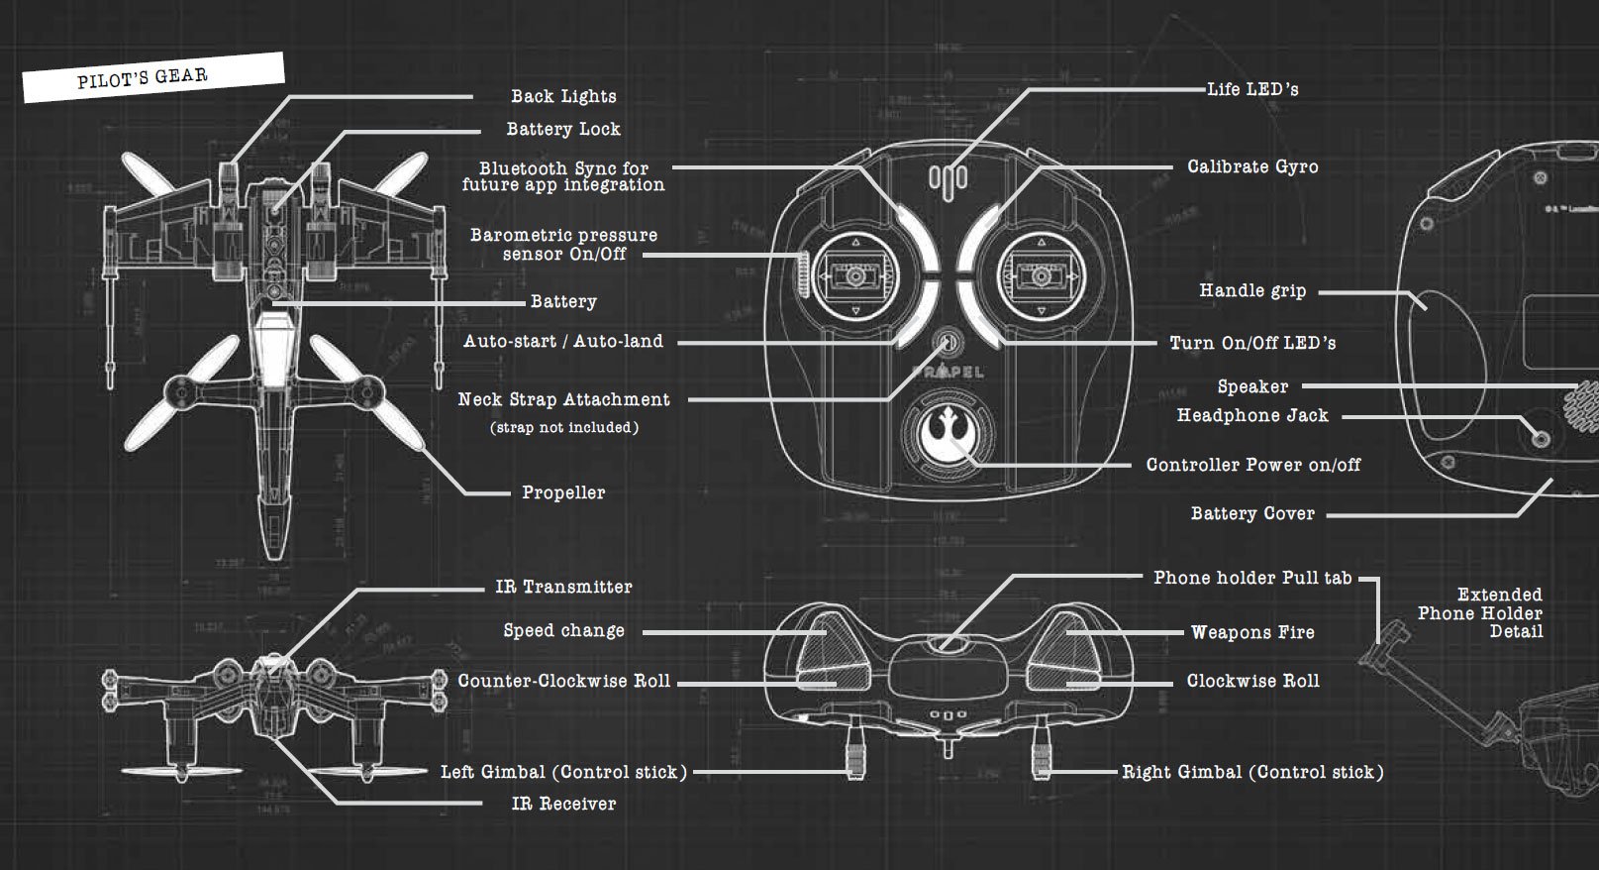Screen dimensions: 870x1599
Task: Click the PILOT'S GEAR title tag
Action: (x=144, y=77)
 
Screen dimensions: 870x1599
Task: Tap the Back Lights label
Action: (x=563, y=96)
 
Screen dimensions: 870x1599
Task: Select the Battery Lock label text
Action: (x=563, y=129)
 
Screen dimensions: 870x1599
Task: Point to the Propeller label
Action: (x=563, y=492)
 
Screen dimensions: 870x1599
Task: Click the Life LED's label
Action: (x=1252, y=89)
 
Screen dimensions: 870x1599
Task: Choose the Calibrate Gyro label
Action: (x=1252, y=166)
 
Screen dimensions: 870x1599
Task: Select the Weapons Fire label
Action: (x=1252, y=632)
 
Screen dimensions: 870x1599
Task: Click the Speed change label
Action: (x=563, y=630)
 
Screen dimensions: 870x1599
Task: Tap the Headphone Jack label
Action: (x=1252, y=415)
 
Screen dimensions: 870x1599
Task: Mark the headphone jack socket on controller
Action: (x=1540, y=437)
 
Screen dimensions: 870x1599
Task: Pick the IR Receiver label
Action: (x=563, y=804)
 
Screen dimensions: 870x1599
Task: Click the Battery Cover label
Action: (x=1252, y=513)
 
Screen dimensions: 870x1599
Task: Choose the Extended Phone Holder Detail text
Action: (x=1480, y=612)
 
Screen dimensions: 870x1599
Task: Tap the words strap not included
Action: (x=563, y=427)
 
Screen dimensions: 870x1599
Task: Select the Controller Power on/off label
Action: (x=1252, y=465)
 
